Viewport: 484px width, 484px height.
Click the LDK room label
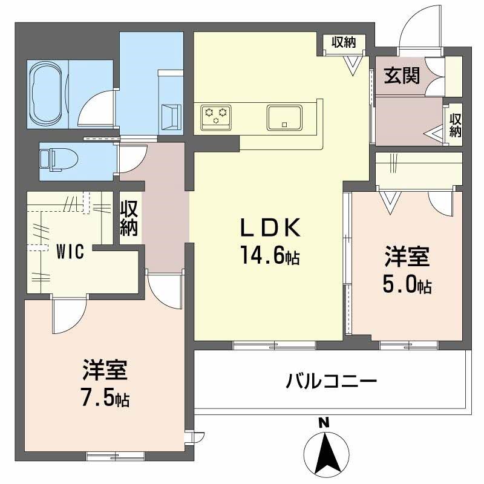pos(270,229)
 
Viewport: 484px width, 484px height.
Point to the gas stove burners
pos(217,114)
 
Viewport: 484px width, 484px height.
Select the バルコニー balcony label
pos(332,382)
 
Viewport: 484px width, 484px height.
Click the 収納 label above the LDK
pos(344,42)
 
